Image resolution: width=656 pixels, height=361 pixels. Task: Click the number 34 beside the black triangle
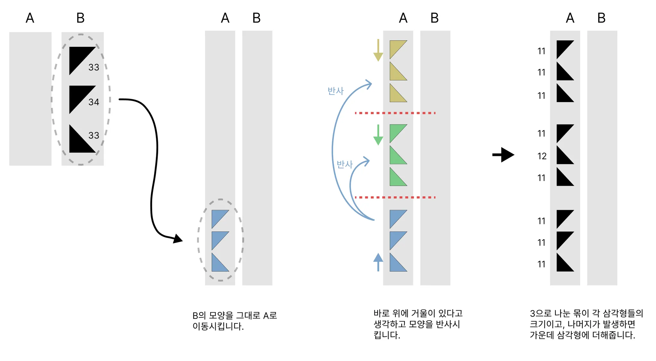pyautogui.click(x=94, y=102)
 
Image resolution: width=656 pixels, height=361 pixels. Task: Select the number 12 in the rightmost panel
pyautogui.click(x=542, y=156)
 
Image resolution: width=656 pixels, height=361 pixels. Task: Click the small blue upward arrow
pyautogui.click(x=378, y=262)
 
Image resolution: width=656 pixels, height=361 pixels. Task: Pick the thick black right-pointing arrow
pyautogui.click(x=503, y=155)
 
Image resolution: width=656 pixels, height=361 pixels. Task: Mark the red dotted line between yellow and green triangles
pyautogui.click(x=395, y=113)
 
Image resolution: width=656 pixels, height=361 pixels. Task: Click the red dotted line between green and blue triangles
pyautogui.click(x=395, y=197)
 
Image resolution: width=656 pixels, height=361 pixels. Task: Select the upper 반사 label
pyautogui.click(x=335, y=91)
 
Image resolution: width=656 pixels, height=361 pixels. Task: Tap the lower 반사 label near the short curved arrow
pyautogui.click(x=344, y=164)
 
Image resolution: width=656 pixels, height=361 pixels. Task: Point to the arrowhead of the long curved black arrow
pyautogui.click(x=178, y=239)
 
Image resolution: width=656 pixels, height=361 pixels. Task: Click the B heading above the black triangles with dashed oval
pyautogui.click(x=80, y=18)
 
